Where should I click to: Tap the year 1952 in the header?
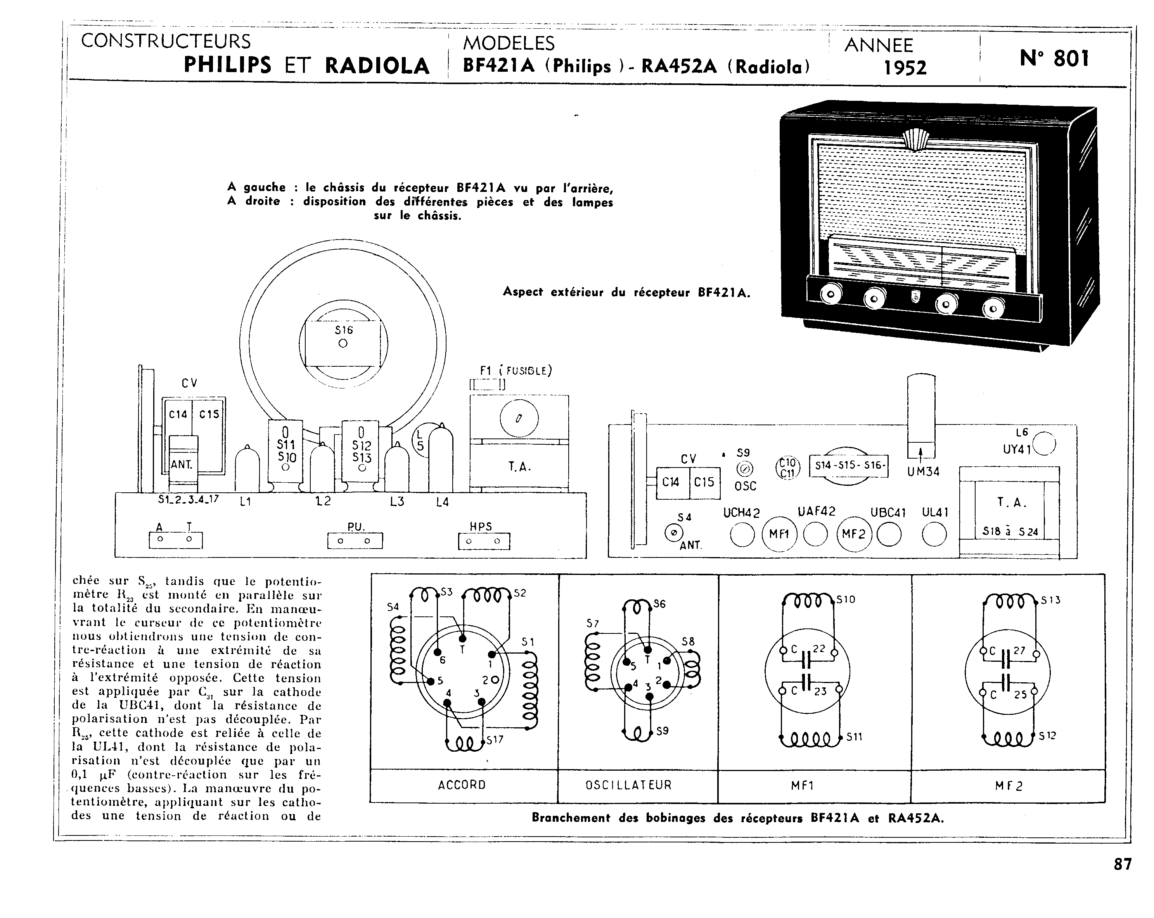(x=905, y=68)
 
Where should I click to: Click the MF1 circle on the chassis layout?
(x=779, y=534)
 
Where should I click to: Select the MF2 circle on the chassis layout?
(x=854, y=534)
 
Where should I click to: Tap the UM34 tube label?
(x=923, y=472)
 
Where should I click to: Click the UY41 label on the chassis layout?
(x=1017, y=449)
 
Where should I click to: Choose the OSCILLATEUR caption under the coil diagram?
(x=628, y=785)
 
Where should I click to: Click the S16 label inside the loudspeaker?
(x=344, y=330)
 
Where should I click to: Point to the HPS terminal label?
(x=481, y=526)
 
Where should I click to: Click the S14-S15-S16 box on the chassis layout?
(x=848, y=466)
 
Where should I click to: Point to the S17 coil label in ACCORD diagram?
(x=495, y=740)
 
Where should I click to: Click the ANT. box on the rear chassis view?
(x=182, y=464)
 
